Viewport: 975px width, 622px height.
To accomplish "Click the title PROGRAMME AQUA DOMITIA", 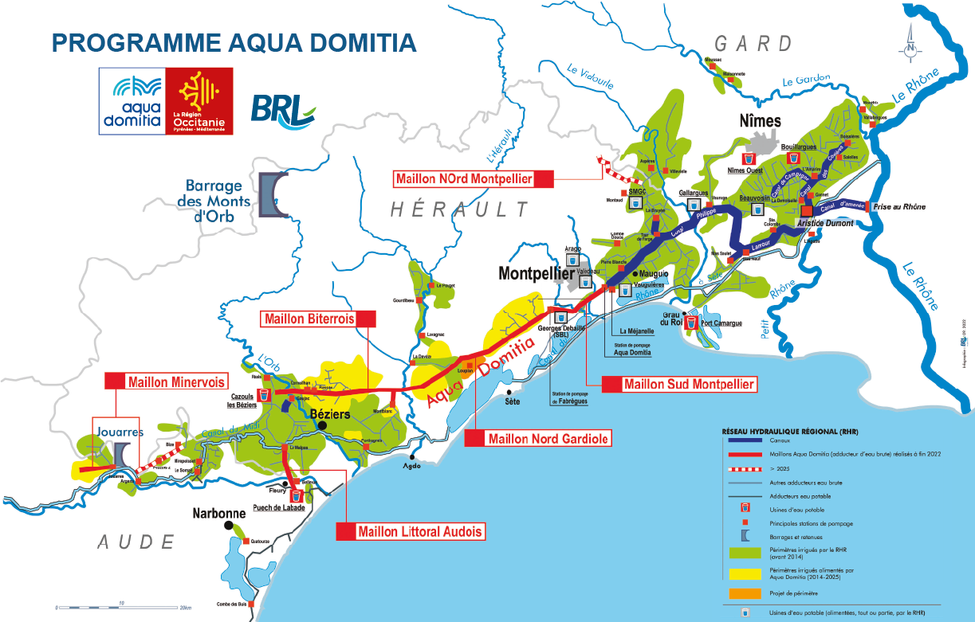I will click(234, 43).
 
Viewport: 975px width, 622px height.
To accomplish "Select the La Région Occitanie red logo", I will click(199, 100).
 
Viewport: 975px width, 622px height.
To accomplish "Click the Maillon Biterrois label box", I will click(319, 319).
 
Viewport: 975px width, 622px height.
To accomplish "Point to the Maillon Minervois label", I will click(166, 381).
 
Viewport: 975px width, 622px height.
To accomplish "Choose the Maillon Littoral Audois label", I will click(410, 531).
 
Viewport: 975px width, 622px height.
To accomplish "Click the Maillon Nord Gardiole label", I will click(538, 438).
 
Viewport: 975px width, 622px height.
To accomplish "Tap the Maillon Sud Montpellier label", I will click(678, 384).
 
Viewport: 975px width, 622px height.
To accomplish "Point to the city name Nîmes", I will click(760, 122).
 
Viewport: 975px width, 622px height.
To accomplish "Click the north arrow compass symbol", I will click(910, 45).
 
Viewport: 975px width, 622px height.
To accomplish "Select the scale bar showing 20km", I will click(120, 607).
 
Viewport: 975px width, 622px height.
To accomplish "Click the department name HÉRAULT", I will click(459, 209).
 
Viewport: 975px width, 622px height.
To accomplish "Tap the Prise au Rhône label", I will click(899, 207).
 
